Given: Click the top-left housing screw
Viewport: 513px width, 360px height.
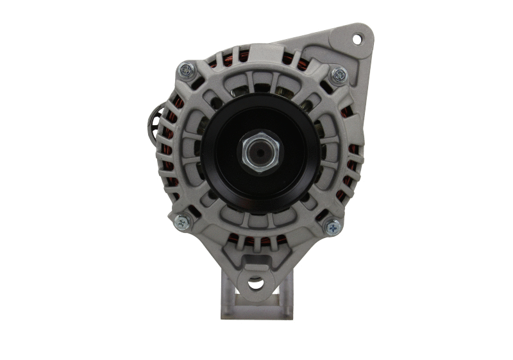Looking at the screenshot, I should click(x=187, y=69).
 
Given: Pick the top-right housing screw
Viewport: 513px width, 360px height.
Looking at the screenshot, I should click(x=338, y=75).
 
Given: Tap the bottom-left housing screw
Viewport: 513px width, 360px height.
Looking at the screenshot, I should click(x=183, y=222).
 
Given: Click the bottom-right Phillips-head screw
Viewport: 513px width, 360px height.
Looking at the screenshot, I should click(x=332, y=226).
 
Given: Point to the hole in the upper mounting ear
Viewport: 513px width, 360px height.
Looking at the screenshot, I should click(x=357, y=39).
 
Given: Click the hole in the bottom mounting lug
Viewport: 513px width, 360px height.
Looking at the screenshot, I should click(x=255, y=281).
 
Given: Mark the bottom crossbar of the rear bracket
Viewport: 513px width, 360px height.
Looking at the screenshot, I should click(x=256, y=314).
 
